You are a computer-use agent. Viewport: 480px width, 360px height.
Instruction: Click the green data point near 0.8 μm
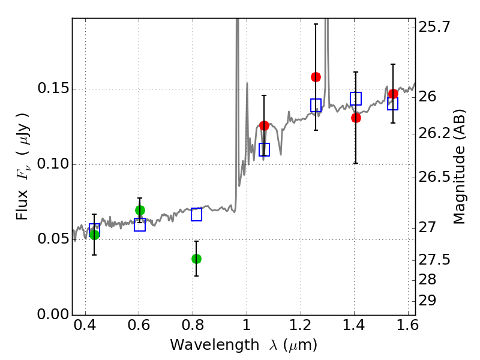[x=196, y=259]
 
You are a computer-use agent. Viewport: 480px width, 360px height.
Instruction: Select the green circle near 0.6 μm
[x=140, y=211]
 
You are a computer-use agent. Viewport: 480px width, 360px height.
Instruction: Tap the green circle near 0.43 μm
[x=94, y=235]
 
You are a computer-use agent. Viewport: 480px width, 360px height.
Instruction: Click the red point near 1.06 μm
[x=264, y=125]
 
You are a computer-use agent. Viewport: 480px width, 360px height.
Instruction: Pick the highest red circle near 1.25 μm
[x=316, y=77]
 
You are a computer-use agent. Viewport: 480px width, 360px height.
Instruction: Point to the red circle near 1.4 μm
[x=356, y=118]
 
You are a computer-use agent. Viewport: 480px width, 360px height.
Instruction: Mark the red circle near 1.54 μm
[x=393, y=94]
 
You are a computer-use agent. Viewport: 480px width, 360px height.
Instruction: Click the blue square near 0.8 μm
[x=197, y=214]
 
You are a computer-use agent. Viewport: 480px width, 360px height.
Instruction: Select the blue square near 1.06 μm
[x=264, y=149]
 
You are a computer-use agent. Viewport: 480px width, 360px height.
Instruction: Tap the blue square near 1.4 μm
[x=356, y=98]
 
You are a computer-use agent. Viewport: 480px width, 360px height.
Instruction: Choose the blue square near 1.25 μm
[x=316, y=106]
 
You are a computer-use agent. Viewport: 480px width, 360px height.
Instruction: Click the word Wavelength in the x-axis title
[x=215, y=346]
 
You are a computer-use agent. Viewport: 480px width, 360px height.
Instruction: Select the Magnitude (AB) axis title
[x=458, y=167]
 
